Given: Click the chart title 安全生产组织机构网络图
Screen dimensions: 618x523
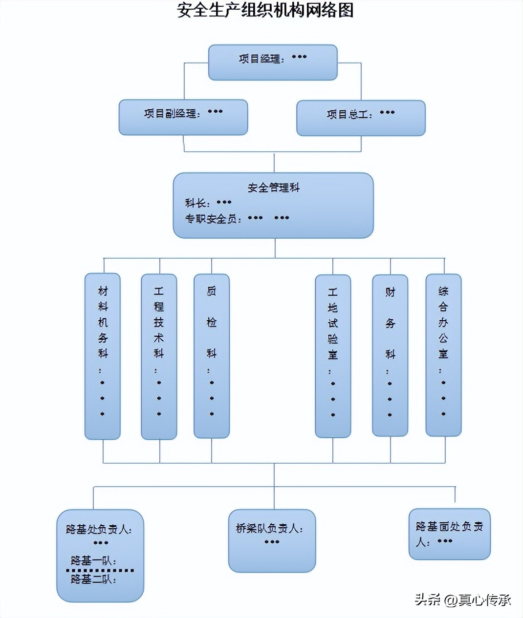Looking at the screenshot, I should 265,10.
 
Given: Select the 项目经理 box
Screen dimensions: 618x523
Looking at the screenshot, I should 273,62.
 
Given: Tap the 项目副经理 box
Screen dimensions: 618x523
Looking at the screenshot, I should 183,117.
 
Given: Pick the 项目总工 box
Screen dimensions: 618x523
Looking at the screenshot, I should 361,118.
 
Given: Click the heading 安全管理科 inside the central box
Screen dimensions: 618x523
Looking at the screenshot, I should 273,187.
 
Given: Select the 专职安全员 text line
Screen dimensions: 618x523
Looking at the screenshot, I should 237,219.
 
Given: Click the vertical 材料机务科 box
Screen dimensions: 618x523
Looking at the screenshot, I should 103,356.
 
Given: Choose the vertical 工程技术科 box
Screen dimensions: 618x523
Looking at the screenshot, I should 159,356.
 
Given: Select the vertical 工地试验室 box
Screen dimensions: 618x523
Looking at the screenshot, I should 333,356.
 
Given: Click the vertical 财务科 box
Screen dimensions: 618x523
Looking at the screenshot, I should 390,355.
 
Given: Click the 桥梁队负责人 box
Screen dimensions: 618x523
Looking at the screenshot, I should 272,540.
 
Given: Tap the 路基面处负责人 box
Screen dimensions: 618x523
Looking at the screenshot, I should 449,534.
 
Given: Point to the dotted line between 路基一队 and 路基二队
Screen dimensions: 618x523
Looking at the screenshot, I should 100,570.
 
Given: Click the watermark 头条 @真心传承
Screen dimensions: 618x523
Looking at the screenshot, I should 462,599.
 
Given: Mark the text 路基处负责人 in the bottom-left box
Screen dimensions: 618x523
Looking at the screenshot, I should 99,529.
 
